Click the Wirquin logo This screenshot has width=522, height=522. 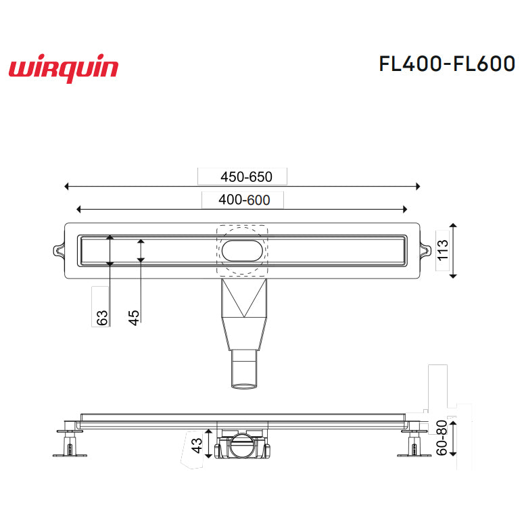click(64, 69)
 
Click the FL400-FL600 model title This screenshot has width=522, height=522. click(447, 63)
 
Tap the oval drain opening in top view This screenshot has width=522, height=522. click(242, 250)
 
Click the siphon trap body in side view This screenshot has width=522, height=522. click(242, 448)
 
